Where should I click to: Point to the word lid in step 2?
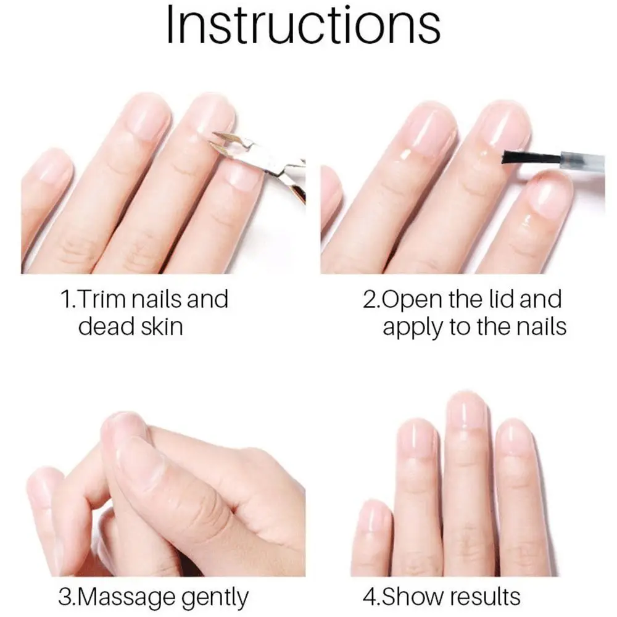coord(492,300)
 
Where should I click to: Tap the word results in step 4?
coord(485,597)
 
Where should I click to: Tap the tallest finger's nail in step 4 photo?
coord(467,410)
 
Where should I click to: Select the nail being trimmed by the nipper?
coord(210,117)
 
